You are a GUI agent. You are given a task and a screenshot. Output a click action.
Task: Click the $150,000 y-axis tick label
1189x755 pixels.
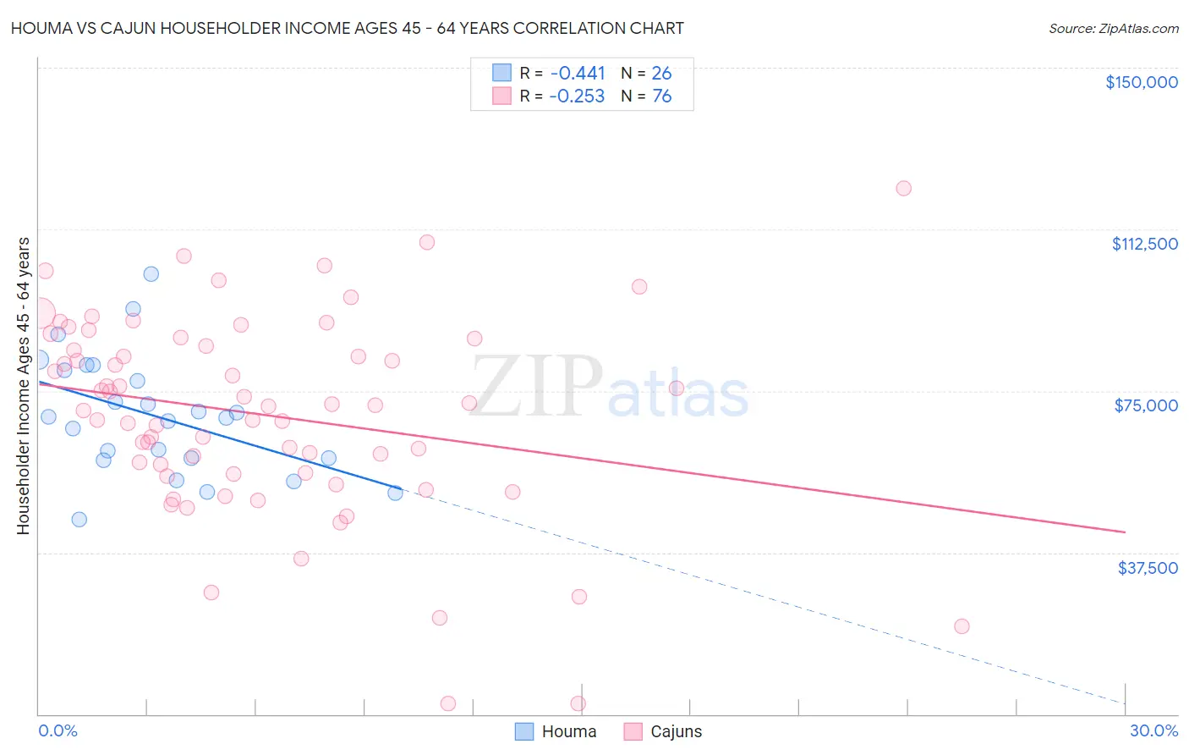pyautogui.click(x=1141, y=82)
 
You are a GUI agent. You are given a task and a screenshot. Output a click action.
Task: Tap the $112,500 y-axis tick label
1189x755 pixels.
pyautogui.click(x=1144, y=244)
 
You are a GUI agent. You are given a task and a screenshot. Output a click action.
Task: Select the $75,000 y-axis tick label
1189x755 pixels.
pyautogui.click(x=1145, y=405)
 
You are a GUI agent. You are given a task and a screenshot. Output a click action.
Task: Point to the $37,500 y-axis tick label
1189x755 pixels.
pyautogui.click(x=1147, y=568)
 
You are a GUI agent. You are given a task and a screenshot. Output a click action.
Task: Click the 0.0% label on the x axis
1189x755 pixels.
pyautogui.click(x=58, y=730)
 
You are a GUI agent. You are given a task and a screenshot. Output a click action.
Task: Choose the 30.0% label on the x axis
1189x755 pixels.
pyautogui.click(x=1153, y=730)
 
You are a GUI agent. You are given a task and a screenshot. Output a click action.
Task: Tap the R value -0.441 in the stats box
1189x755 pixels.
pyautogui.click(x=577, y=74)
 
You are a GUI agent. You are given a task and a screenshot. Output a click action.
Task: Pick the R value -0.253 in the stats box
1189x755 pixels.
pyautogui.click(x=577, y=96)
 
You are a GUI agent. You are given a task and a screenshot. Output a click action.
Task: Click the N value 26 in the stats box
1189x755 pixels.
pyautogui.click(x=661, y=74)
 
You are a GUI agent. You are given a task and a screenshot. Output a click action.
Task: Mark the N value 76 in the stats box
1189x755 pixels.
pyautogui.click(x=661, y=96)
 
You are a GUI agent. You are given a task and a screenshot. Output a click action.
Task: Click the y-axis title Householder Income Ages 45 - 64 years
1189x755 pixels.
pyautogui.click(x=23, y=386)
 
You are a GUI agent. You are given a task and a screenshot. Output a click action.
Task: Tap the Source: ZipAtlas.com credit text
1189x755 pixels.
pyautogui.click(x=1113, y=29)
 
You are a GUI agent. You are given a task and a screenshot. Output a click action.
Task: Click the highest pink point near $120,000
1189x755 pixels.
pyautogui.click(x=903, y=188)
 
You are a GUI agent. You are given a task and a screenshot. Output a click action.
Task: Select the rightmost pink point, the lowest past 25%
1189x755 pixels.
pyautogui.click(x=962, y=626)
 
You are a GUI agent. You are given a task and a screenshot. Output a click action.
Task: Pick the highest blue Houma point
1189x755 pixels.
pyautogui.click(x=151, y=273)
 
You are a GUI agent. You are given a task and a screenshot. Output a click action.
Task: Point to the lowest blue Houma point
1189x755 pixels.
pyautogui.click(x=79, y=519)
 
